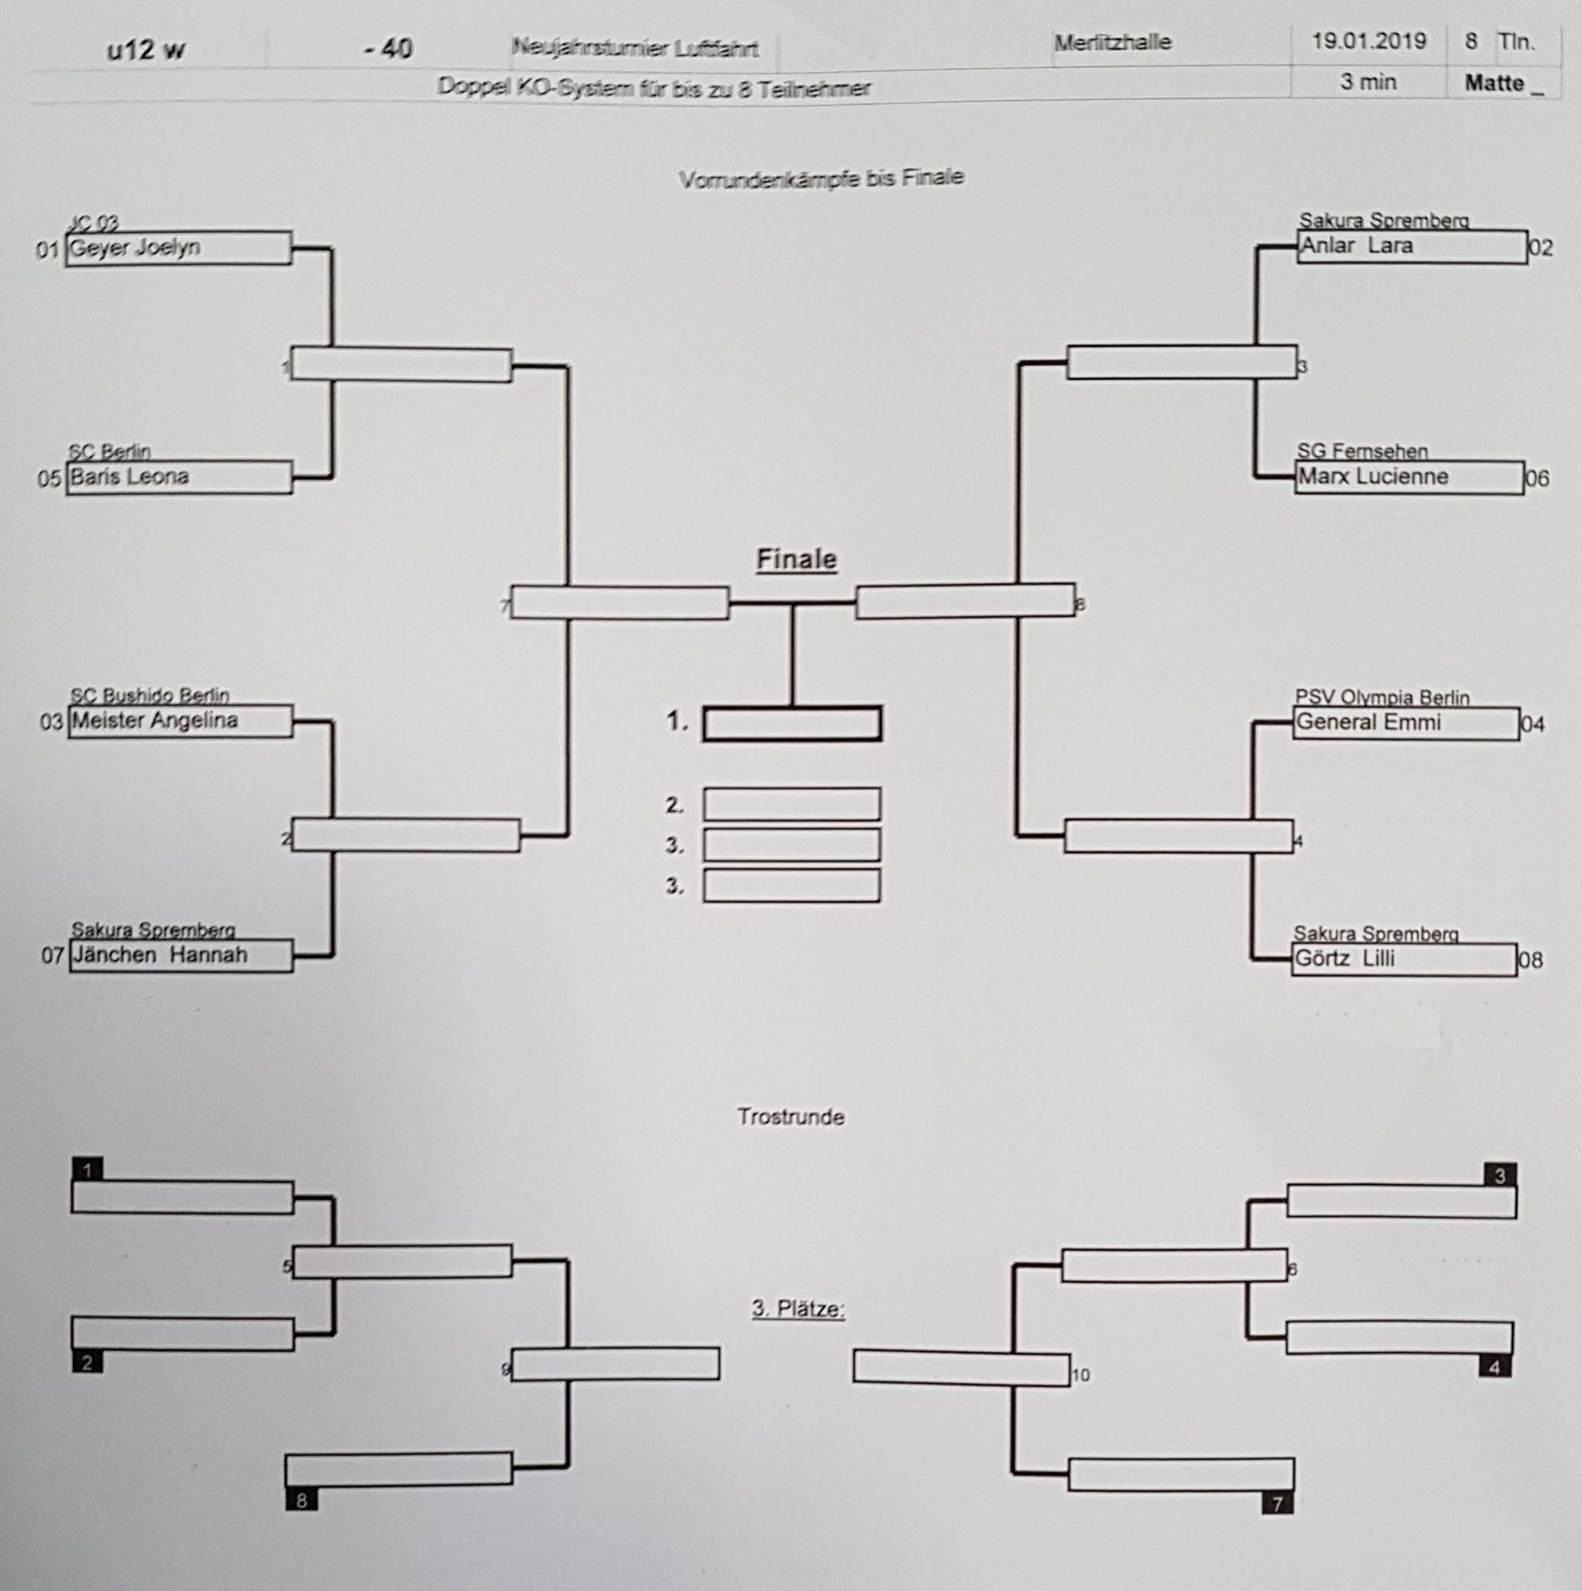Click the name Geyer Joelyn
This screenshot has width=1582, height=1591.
(x=135, y=248)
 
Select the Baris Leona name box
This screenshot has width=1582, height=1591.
(x=178, y=477)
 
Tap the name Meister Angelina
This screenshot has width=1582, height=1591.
(x=155, y=720)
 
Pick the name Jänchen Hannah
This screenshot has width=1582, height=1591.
(x=159, y=955)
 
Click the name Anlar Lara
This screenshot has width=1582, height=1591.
(x=1357, y=246)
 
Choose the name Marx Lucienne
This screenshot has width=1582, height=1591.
(x=1373, y=477)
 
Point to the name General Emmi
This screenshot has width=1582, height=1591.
(x=1368, y=723)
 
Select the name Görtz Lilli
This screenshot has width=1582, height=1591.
(x=1345, y=959)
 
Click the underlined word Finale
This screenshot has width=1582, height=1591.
(x=796, y=560)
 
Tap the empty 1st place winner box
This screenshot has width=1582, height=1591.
(x=793, y=725)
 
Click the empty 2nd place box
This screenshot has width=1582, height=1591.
(x=792, y=805)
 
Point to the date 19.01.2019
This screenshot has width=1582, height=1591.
(x=1369, y=41)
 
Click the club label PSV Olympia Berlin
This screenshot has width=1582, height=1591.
(x=1382, y=697)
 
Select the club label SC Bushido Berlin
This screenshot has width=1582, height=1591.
(x=150, y=695)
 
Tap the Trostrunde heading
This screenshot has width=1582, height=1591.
(x=790, y=1117)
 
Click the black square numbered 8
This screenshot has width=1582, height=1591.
(x=301, y=1501)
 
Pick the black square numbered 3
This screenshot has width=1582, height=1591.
(x=1500, y=1176)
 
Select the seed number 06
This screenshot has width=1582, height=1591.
(x=1537, y=478)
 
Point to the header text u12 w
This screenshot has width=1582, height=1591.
(x=146, y=49)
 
